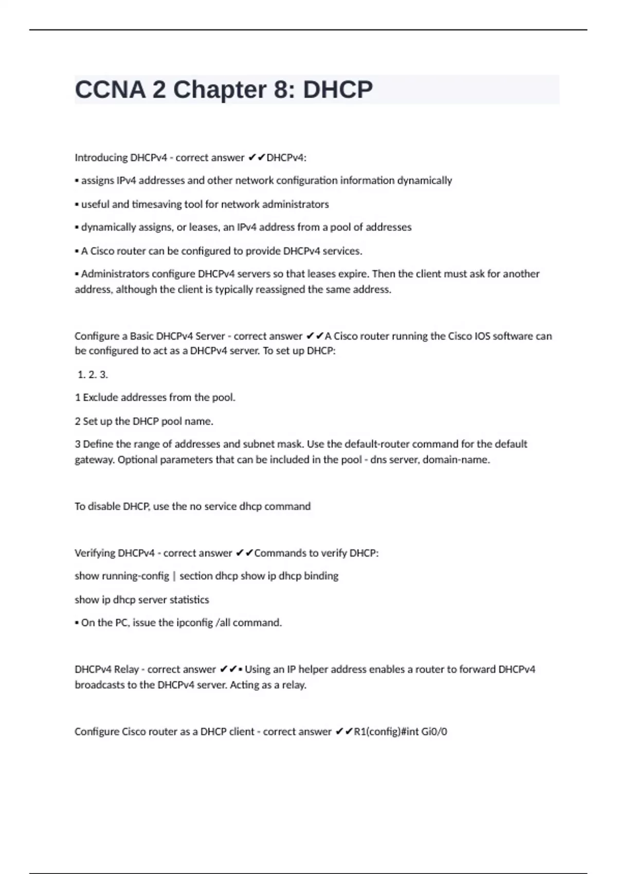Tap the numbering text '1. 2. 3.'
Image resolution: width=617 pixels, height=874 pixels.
coord(93,375)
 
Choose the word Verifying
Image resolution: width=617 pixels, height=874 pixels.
coord(95,553)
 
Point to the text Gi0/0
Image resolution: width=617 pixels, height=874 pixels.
coord(434,732)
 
